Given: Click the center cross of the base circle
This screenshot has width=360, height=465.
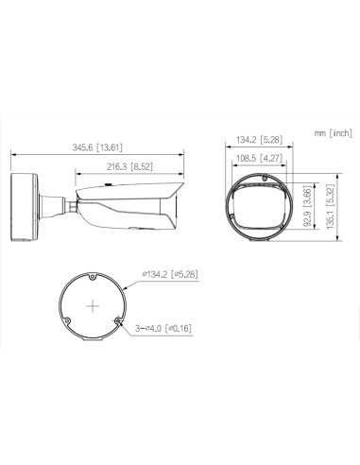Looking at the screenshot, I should [92, 306].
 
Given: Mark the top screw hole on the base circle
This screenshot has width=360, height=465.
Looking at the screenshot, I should [92, 278].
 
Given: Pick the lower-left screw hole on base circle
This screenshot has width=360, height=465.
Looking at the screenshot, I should [67, 321].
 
